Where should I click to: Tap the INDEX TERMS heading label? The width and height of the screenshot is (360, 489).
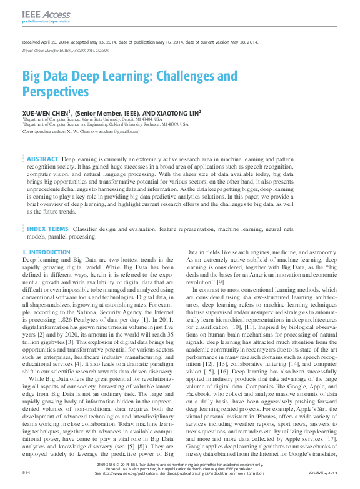tap(47, 229)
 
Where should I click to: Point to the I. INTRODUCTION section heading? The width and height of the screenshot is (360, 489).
tap(46, 252)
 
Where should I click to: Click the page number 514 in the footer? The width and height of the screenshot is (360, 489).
tap(26, 473)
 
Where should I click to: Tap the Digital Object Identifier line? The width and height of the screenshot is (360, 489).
tap(66, 50)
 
